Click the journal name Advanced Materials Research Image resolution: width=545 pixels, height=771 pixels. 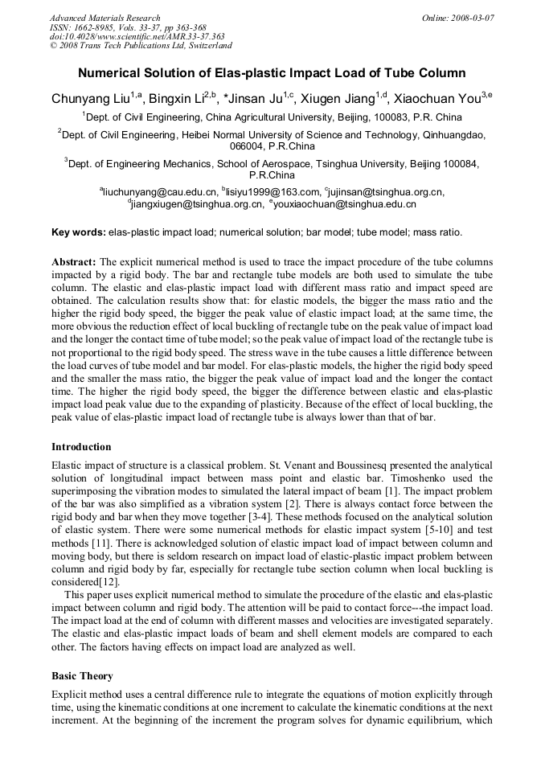[104, 18]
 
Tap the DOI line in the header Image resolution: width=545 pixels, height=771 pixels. [137, 37]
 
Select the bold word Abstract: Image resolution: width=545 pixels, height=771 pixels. [74, 262]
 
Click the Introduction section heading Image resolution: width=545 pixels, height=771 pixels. [81, 447]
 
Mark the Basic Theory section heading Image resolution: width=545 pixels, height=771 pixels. [82, 676]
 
